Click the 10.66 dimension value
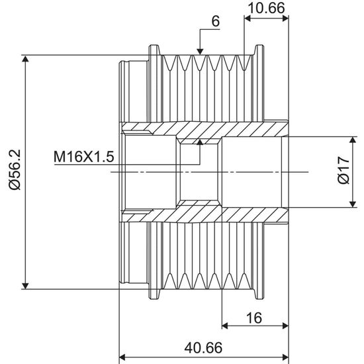pyautogui.click(x=266, y=8)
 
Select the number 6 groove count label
pyautogui.click(x=216, y=21)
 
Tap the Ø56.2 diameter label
pyautogui.click(x=15, y=169)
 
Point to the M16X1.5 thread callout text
pyautogui.click(x=84, y=156)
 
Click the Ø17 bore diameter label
pyautogui.click(x=343, y=170)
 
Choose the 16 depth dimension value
pyautogui.click(x=254, y=318)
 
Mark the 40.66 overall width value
pyautogui.click(x=203, y=347)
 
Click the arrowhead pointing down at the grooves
pyautogui.click(x=200, y=52)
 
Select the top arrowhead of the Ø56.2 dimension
pyautogui.click(x=25, y=58)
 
